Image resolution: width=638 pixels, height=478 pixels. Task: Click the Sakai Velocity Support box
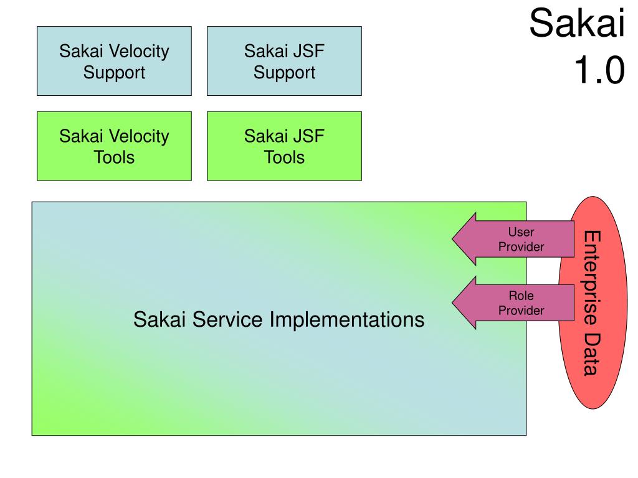point(114,61)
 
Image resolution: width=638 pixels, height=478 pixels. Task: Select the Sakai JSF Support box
point(284,61)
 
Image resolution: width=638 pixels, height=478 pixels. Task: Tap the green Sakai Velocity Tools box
point(114,146)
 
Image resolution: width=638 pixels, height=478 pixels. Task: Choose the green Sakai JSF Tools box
point(284,146)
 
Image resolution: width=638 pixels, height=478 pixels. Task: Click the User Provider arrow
point(513,239)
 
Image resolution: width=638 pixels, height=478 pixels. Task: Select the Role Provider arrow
point(513,303)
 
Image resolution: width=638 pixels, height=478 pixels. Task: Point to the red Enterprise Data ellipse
point(593,303)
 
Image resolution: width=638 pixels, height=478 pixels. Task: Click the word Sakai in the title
point(577,23)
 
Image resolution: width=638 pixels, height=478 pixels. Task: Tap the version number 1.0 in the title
point(599,70)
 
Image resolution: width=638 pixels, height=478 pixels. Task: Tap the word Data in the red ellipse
point(592,354)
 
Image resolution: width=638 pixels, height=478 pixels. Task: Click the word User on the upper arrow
point(521,232)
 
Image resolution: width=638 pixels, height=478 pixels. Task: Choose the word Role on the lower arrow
point(521,296)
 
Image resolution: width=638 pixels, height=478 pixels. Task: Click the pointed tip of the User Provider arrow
point(452,239)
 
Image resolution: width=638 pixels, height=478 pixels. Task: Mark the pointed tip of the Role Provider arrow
point(452,303)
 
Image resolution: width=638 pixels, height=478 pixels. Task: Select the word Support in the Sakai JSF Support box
point(284,73)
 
